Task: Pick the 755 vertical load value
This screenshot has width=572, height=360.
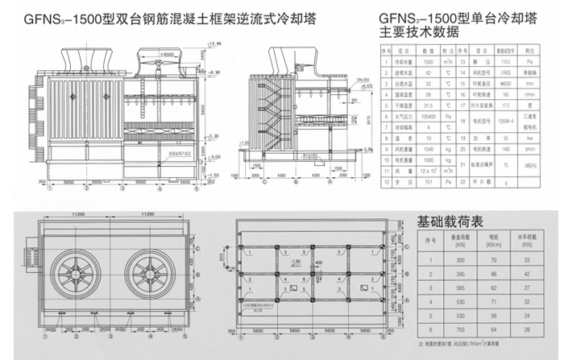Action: (x=438, y=329)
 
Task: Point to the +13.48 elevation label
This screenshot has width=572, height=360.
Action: (x=213, y=42)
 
